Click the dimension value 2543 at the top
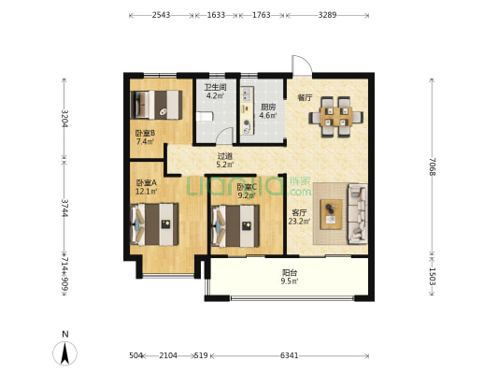pos(161,15)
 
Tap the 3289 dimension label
pos(327,15)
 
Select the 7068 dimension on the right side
pos(432,166)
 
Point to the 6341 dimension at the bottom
pos(289,355)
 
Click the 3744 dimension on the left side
pos(64,209)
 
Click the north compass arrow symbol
pos(64,353)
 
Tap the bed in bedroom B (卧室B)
pos(156,105)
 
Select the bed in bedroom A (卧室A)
pos(154,224)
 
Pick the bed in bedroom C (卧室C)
pos(235,226)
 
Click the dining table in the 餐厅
pos(336,117)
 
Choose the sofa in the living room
pos(358,214)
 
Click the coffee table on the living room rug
pos(332,214)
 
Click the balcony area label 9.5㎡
pos(290,280)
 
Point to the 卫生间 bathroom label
pos(215,87)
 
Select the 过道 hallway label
pos(225,156)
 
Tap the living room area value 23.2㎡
pos(299,222)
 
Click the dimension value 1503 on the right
pos(432,276)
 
